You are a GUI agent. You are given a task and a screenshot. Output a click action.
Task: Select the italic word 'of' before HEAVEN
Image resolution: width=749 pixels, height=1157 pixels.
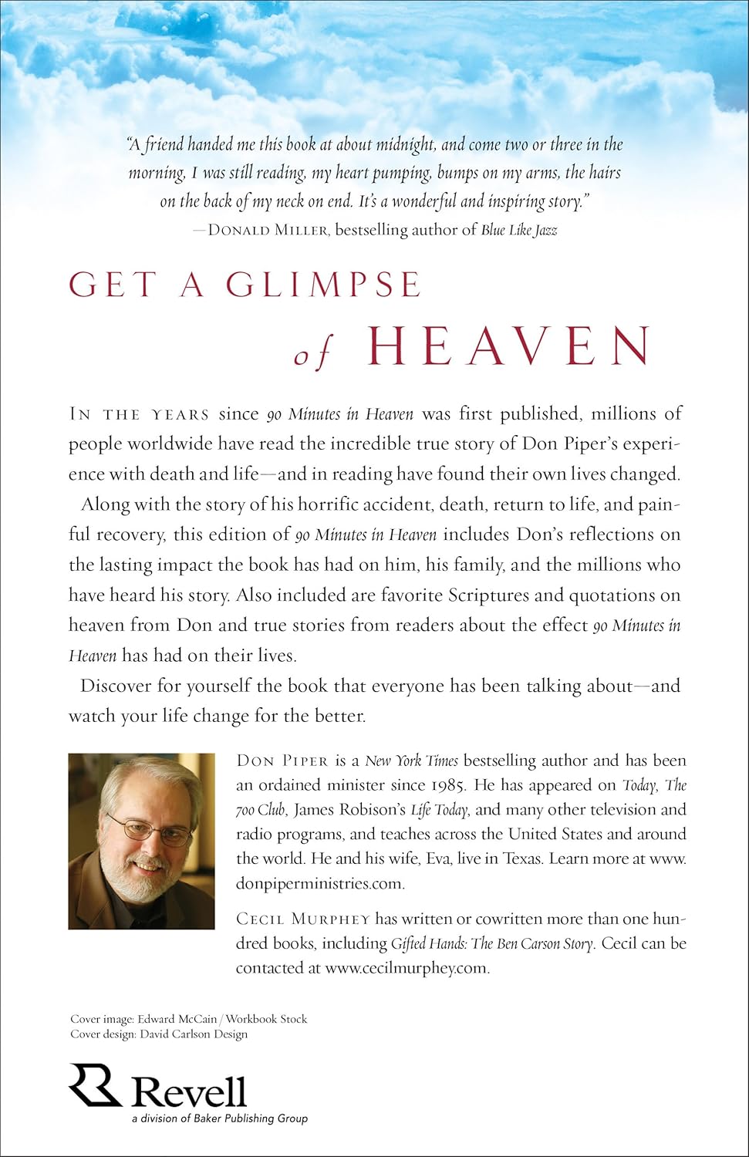click(x=313, y=356)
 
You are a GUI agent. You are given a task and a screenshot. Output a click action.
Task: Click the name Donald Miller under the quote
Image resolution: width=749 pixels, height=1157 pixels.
click(x=262, y=230)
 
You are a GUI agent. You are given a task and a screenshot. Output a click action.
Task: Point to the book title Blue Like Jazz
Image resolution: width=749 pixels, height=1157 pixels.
click(x=518, y=230)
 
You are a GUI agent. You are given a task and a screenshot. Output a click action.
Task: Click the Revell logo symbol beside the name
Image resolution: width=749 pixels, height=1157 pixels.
click(x=94, y=1084)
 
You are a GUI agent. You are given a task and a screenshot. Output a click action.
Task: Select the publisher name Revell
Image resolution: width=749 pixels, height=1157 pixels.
click(x=189, y=1091)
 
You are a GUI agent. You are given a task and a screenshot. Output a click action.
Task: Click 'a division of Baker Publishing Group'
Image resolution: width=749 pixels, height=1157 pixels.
click(x=218, y=1118)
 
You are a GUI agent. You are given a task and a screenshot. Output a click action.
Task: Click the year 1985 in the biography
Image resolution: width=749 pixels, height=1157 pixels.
click(x=461, y=785)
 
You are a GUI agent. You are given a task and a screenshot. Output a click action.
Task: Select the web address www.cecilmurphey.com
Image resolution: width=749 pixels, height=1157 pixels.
click(x=407, y=967)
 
